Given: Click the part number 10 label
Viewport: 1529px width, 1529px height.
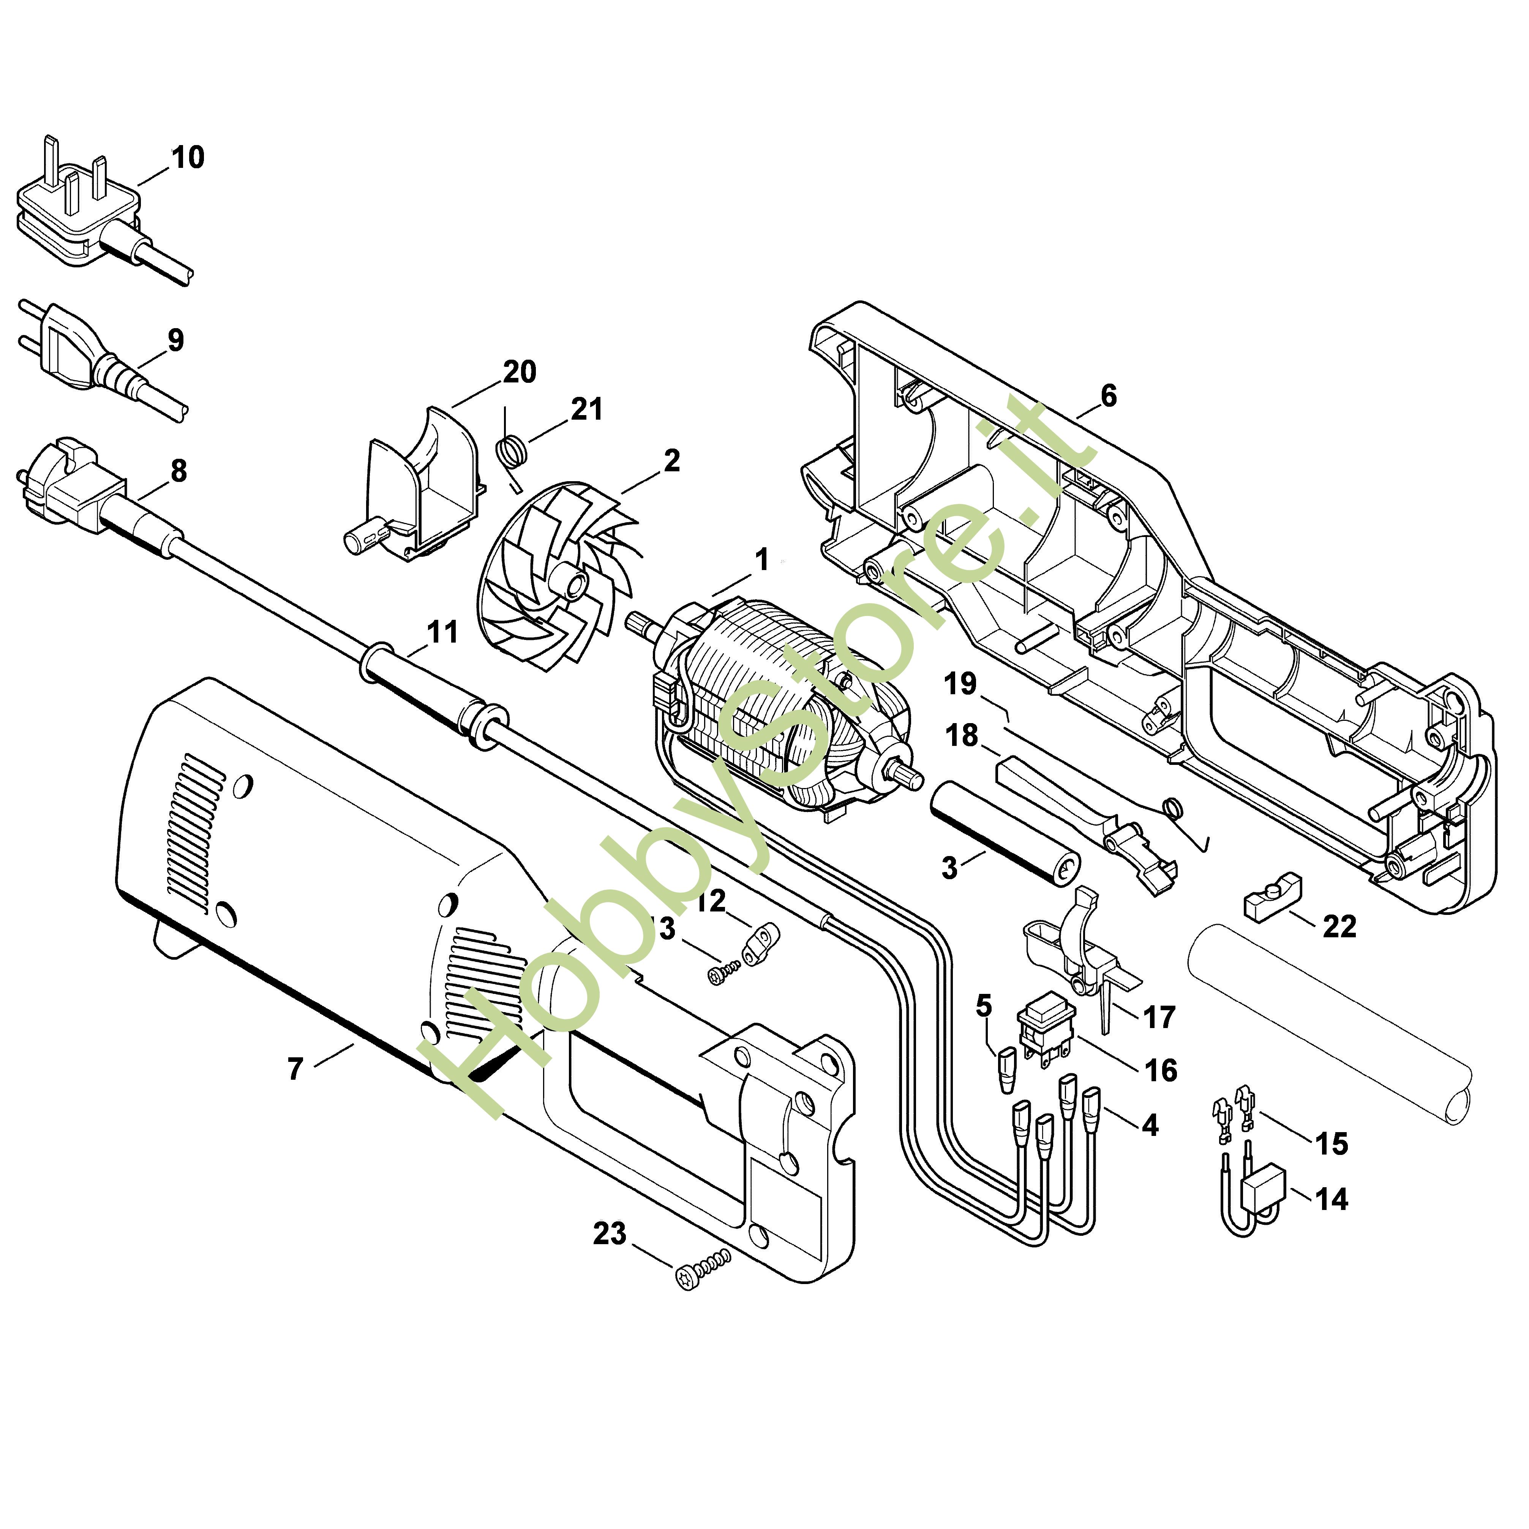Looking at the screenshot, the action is pos(188,158).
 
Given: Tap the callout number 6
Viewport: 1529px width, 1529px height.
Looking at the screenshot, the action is pos(1108,396).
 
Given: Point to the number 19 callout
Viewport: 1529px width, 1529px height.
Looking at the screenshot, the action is pos(961,683).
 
